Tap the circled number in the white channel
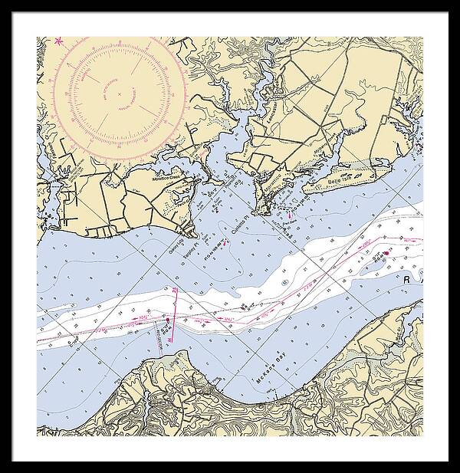click(284, 283)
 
